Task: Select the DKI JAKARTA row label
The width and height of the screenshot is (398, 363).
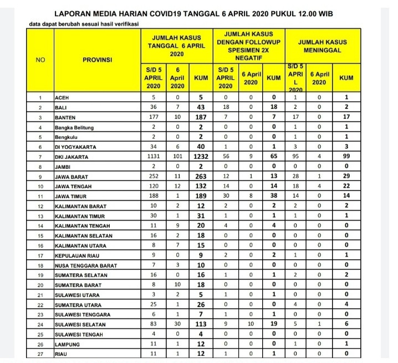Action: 71,157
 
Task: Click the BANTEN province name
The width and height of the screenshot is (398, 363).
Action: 65,118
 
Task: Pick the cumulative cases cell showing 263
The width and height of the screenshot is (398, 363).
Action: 201,176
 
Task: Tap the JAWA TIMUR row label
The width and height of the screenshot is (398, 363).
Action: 70,195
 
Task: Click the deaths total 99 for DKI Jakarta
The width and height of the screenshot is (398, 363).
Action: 347,157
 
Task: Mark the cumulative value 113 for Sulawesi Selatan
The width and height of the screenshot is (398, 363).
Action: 201,324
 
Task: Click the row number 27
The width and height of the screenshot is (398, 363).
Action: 40,353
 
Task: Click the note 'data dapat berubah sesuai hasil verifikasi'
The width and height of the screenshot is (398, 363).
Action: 83,24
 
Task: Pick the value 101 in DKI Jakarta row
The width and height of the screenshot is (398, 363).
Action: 177,157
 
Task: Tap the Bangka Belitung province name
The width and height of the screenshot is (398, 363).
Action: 74,127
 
